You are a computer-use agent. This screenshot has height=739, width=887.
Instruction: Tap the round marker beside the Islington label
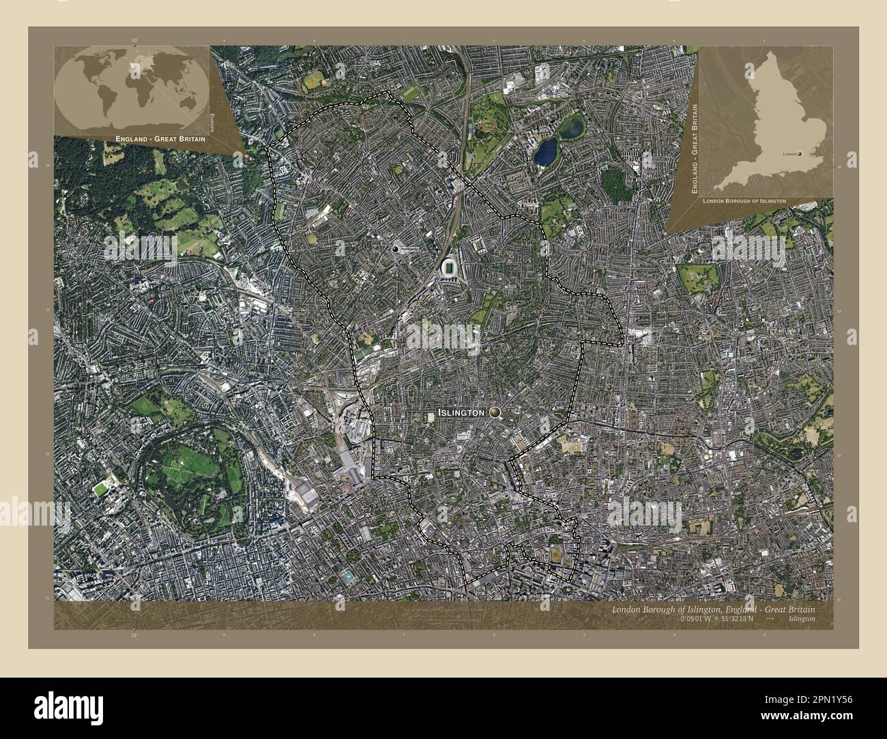(x=494, y=412)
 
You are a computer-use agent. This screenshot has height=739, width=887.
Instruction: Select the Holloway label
(x=407, y=250)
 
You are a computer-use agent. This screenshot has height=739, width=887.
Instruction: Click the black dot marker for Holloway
(x=395, y=250)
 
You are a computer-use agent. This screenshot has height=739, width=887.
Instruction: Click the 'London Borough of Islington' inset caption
(x=743, y=201)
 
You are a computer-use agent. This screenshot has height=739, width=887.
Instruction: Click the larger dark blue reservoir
(x=546, y=152)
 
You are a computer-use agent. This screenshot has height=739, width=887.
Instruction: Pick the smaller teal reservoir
(x=571, y=125)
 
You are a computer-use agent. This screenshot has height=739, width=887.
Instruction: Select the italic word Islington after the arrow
(x=800, y=618)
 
